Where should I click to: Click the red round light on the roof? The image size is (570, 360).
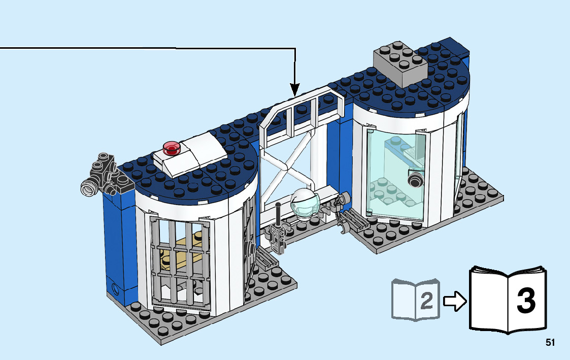click(x=172, y=148)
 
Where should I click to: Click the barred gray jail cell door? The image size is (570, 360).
click(x=181, y=264)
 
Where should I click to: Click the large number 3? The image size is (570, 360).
click(x=526, y=301)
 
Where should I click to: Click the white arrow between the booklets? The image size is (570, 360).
click(x=455, y=302)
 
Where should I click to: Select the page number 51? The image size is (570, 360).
click(x=550, y=342)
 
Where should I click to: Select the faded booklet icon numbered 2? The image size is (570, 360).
click(x=414, y=300)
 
